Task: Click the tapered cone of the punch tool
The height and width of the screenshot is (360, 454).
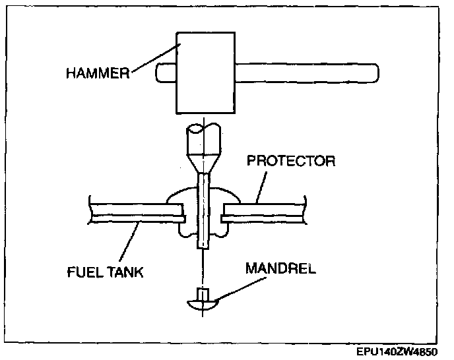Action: coord(203,163)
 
